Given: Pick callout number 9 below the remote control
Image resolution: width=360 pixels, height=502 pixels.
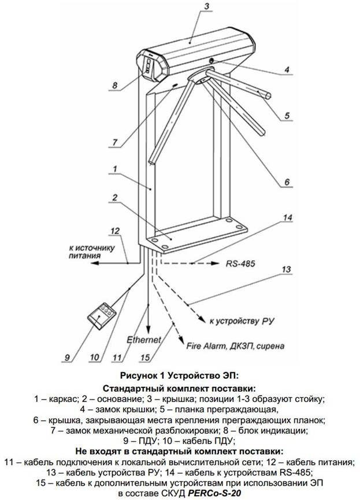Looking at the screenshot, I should (x=68, y=356).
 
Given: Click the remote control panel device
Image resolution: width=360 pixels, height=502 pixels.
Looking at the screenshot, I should (x=102, y=313).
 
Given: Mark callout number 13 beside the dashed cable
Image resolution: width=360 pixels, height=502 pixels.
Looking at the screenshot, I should (x=285, y=270).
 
